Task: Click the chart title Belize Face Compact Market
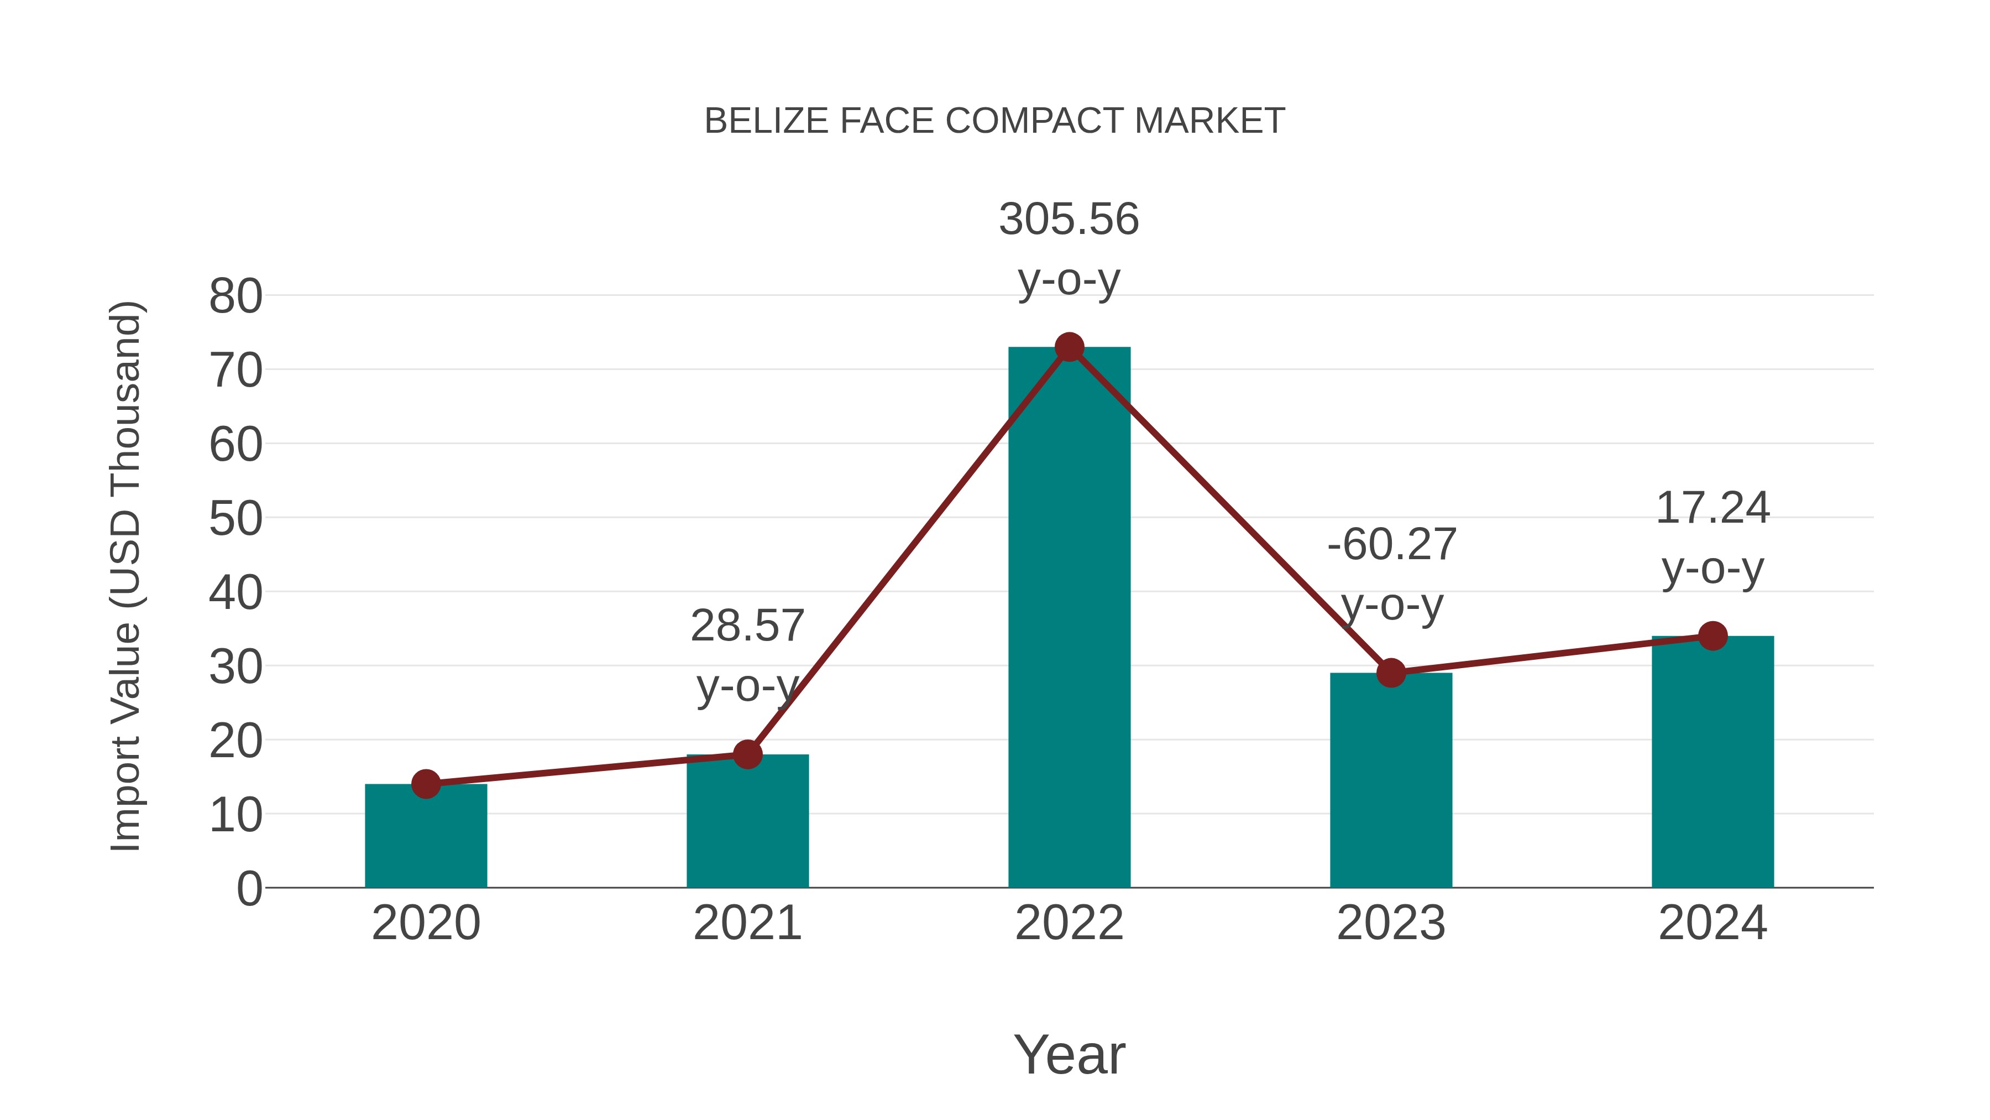point(994,121)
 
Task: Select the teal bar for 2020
point(426,838)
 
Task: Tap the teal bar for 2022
point(1069,618)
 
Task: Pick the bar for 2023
point(1391,780)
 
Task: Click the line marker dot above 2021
point(747,754)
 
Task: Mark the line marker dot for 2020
point(426,784)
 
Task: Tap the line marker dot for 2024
point(1713,636)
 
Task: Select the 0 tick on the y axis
point(249,888)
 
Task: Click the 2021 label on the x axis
point(747,923)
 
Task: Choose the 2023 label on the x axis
point(1391,923)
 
